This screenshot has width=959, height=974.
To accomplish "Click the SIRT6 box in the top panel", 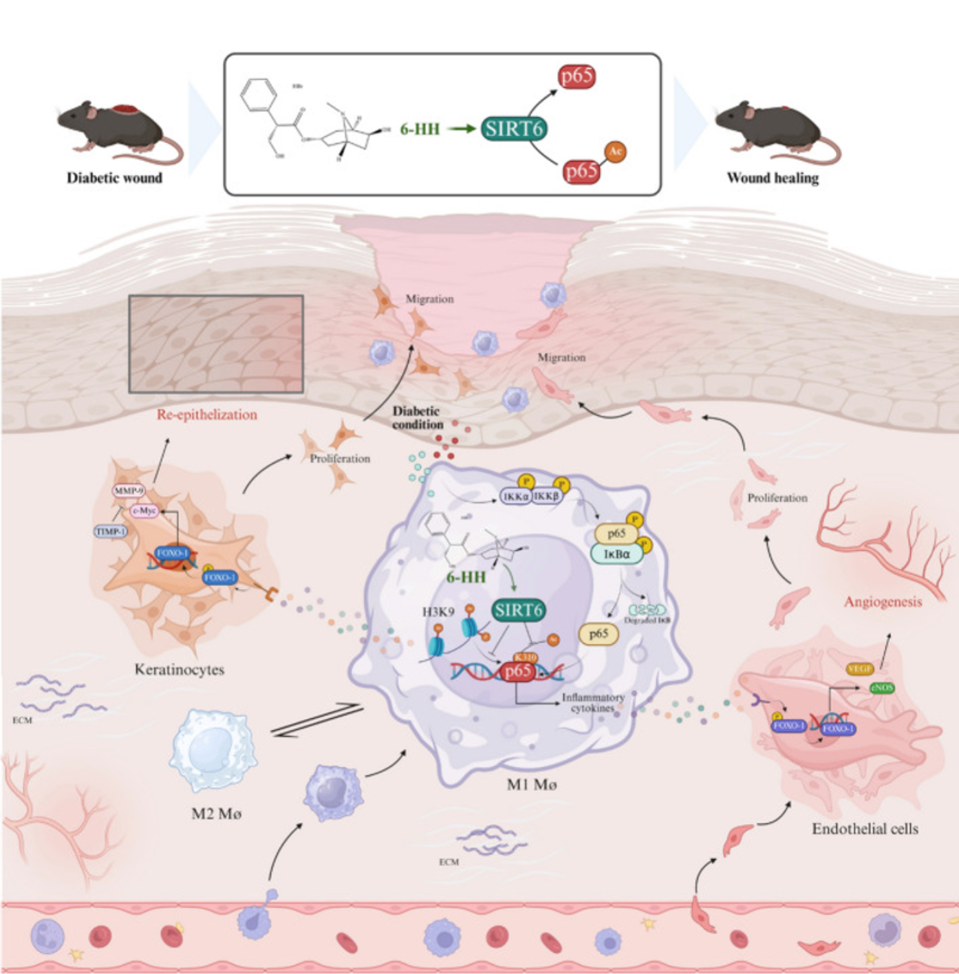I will click(x=515, y=129).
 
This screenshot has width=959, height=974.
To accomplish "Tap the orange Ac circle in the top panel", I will click(x=615, y=151).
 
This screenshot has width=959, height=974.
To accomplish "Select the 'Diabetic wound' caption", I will click(x=114, y=178).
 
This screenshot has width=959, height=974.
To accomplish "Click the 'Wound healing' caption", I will click(x=773, y=178).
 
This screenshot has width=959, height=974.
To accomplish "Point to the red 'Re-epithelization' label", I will click(x=206, y=415).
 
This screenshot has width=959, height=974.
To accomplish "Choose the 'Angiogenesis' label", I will click(x=883, y=602).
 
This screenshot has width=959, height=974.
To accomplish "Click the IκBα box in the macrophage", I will click(x=617, y=554).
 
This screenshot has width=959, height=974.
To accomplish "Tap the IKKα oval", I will click(x=515, y=496).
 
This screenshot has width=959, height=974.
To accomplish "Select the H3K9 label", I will click(x=438, y=611).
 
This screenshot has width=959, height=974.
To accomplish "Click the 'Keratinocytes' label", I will click(x=180, y=669).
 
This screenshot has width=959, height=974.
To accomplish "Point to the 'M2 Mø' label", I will click(x=216, y=814).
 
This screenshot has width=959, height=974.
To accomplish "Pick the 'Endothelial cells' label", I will click(x=865, y=829).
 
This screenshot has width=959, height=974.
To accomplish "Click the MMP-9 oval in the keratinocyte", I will click(x=129, y=491).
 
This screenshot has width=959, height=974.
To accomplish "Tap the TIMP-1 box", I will click(x=111, y=532).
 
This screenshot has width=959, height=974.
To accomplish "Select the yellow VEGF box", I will click(x=860, y=669).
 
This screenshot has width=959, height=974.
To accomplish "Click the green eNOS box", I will click(x=882, y=687).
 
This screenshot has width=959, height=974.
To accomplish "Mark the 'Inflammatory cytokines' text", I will click(x=592, y=702).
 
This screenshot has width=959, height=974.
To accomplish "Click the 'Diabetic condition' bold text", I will click(x=418, y=418).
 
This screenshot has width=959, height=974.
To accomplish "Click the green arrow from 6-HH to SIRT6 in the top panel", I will click(x=460, y=129).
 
